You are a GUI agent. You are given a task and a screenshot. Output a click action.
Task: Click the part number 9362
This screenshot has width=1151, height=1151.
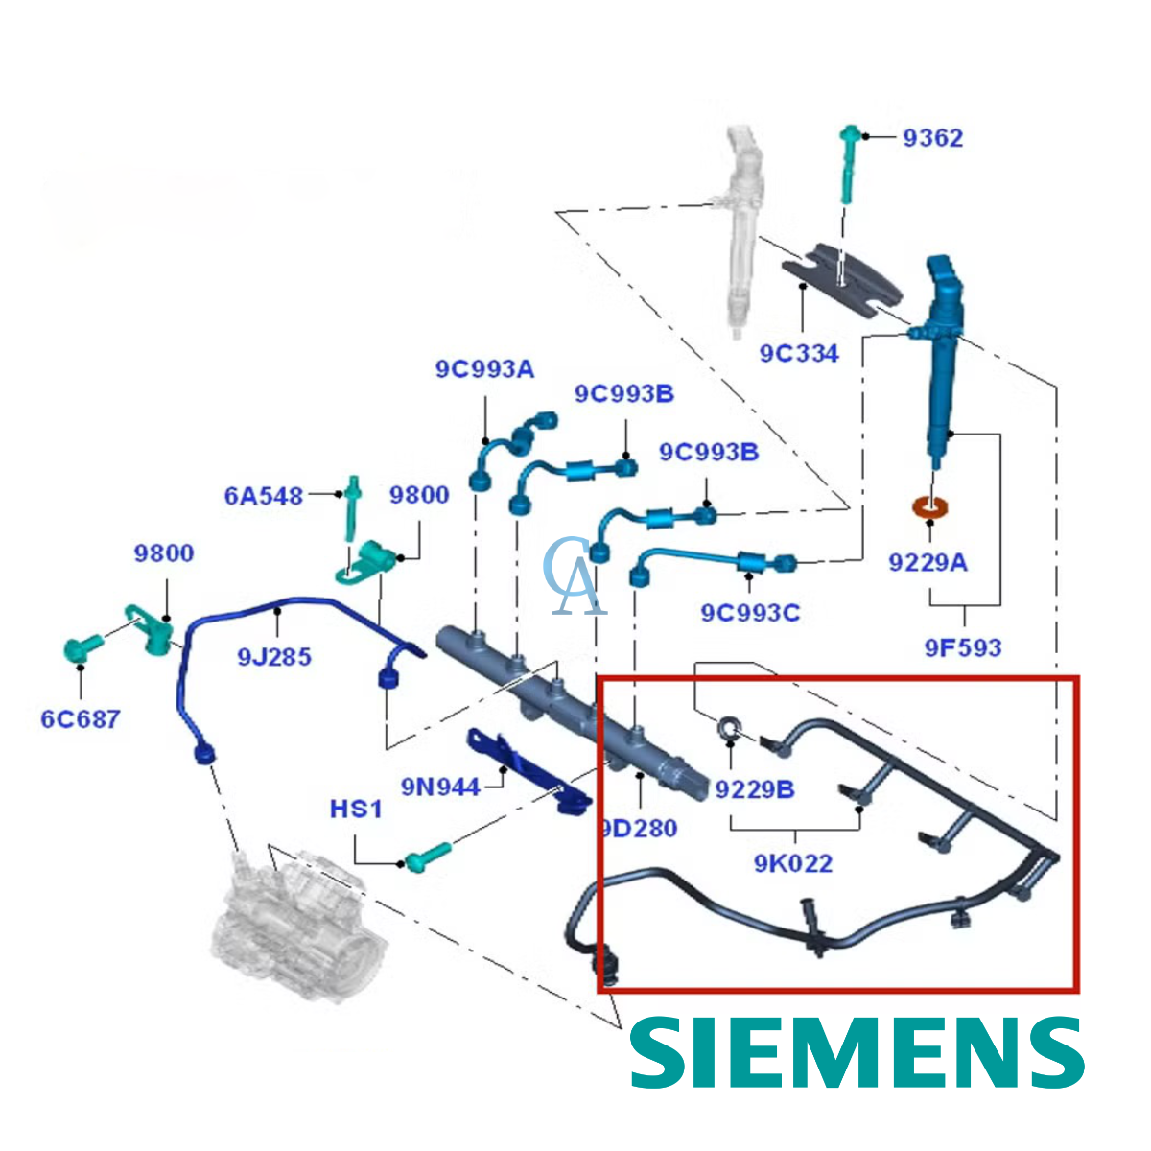[x=932, y=138]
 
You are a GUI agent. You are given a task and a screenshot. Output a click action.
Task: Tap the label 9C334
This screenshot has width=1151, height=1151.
[x=799, y=354]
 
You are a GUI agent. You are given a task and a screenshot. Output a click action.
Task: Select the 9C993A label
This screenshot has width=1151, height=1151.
[x=484, y=369]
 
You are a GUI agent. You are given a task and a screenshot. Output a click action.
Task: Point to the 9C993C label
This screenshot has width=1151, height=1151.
[x=750, y=612]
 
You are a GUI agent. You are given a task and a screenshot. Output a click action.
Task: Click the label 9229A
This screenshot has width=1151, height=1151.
[x=928, y=562]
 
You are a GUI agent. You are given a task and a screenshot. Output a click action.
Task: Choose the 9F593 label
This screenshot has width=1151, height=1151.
[x=963, y=647]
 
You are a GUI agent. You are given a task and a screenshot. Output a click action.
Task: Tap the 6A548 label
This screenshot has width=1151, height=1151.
[x=264, y=496]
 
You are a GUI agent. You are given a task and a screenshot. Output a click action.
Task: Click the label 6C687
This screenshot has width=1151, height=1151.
[x=81, y=718]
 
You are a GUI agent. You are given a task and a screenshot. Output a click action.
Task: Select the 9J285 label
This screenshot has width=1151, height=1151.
[x=274, y=657]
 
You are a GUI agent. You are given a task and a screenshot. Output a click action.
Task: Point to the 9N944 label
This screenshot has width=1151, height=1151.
[x=440, y=787]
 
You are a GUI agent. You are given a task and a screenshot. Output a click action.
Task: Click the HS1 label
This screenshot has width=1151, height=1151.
[x=356, y=810]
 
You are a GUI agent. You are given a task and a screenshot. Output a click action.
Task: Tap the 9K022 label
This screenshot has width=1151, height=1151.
[x=793, y=863]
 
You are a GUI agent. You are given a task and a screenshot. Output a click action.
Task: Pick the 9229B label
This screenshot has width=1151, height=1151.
[x=755, y=789]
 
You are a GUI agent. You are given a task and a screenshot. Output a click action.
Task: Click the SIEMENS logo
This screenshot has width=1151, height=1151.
[x=857, y=1052]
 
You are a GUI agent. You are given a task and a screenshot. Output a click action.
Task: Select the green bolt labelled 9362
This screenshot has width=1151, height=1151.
[x=848, y=163]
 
